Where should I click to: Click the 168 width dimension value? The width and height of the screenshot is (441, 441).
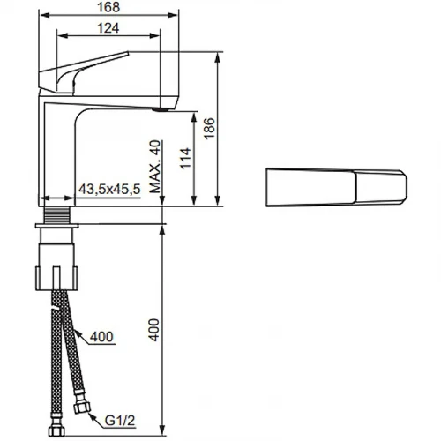click(108, 7)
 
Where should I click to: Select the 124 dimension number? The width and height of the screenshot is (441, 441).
click(108, 28)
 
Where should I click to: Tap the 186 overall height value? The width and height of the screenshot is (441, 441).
click(209, 129)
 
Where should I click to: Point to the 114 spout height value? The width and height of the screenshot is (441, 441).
click(185, 158)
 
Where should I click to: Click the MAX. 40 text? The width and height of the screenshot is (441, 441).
click(155, 167)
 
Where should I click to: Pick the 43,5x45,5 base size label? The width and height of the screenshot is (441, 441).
click(109, 190)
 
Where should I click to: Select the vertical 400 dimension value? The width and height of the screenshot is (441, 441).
click(153, 330)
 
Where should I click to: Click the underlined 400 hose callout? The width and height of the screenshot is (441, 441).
click(101, 337)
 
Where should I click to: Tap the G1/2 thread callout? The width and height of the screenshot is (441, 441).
click(120, 421)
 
